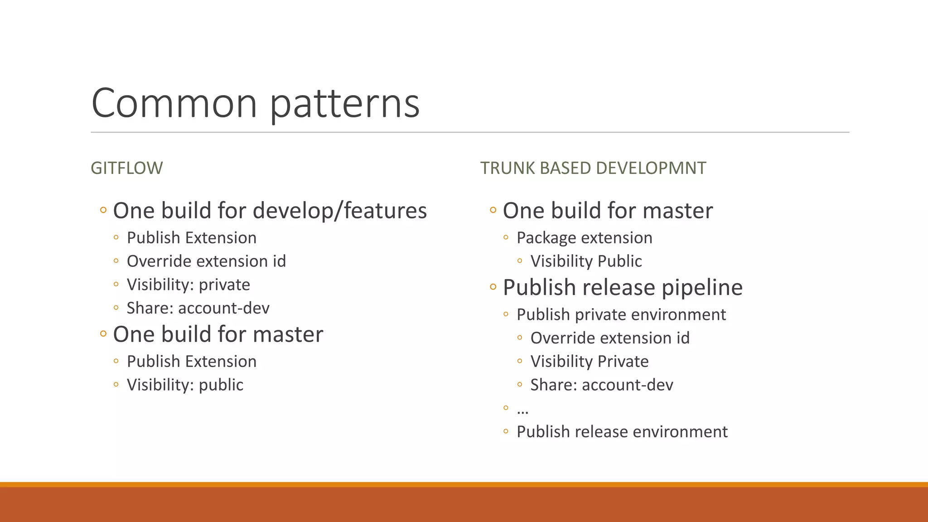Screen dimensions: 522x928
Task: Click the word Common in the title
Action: click(x=174, y=103)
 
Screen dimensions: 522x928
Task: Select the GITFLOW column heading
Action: click(x=126, y=168)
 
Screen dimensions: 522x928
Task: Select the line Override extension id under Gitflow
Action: click(x=206, y=261)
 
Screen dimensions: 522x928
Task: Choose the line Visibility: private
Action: click(x=188, y=285)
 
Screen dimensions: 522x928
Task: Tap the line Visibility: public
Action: click(x=185, y=385)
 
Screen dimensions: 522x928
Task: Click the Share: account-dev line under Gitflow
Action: click(x=198, y=308)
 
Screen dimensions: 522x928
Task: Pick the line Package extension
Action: click(x=584, y=238)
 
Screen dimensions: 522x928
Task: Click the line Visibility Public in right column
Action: click(x=586, y=261)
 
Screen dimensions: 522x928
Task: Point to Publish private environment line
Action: click(x=621, y=314)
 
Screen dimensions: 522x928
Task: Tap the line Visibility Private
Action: click(x=589, y=362)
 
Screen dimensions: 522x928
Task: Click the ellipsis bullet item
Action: click(x=522, y=410)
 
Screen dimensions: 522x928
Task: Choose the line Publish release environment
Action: click(x=622, y=432)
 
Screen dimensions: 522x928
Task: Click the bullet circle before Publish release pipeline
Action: click(x=493, y=287)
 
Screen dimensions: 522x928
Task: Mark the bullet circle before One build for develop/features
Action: click(x=103, y=210)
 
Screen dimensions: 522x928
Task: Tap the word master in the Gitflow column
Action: click(x=288, y=334)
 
